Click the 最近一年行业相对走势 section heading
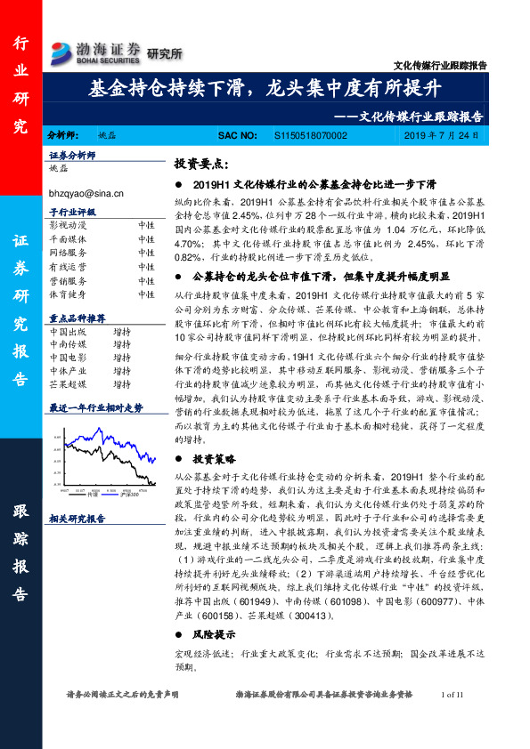[x=95, y=407]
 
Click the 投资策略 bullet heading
[x=214, y=461]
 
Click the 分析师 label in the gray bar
[x=63, y=134]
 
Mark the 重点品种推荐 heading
[x=78, y=318]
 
